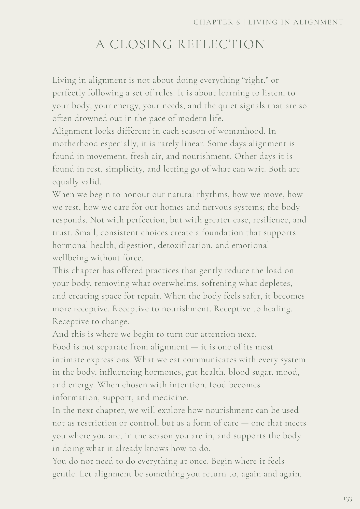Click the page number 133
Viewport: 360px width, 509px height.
(348, 499)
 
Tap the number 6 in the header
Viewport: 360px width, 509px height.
(238, 22)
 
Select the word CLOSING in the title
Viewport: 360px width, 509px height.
(141, 44)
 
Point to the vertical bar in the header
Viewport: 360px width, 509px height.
(244, 22)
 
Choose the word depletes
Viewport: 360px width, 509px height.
(275, 284)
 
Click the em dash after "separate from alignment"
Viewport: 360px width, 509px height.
(194, 347)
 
